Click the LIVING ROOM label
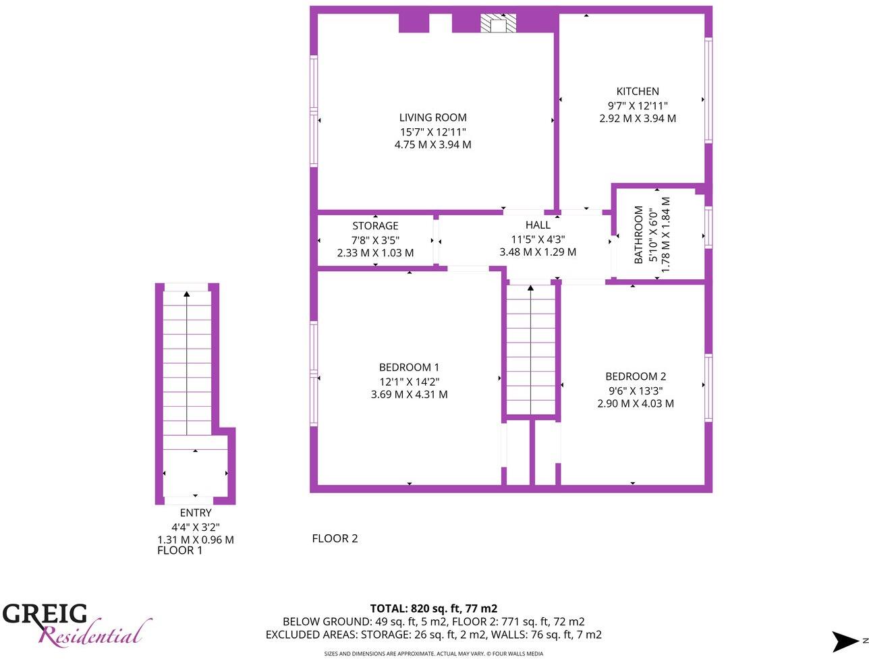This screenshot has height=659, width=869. (432, 117)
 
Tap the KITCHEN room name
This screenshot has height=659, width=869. (638, 92)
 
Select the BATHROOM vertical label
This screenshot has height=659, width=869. (638, 235)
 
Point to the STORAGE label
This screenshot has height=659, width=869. (375, 226)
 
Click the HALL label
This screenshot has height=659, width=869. (538, 225)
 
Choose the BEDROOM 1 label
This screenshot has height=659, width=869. (409, 368)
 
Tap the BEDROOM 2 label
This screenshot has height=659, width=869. (636, 376)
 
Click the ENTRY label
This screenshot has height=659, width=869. (196, 513)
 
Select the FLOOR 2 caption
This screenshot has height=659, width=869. (335, 538)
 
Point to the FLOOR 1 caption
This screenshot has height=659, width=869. (179, 550)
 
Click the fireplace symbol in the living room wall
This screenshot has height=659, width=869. (499, 24)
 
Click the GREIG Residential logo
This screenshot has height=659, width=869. (74, 624)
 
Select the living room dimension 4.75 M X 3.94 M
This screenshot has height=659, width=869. (432, 144)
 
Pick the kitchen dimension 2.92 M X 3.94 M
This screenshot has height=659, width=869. (638, 118)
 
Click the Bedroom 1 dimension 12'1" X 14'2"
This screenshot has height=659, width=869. (409, 381)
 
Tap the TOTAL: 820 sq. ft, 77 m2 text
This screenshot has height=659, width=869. (433, 608)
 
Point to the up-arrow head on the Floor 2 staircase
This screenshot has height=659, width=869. (530, 289)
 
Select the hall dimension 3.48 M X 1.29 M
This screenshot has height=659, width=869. (538, 252)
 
